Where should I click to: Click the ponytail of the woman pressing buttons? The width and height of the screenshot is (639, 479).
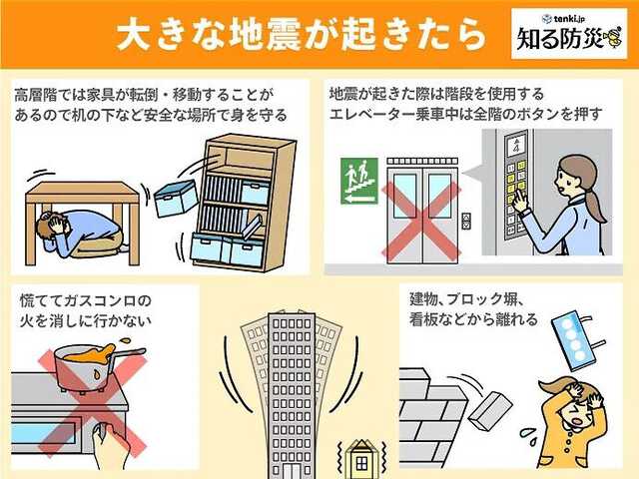tap(598, 205)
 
